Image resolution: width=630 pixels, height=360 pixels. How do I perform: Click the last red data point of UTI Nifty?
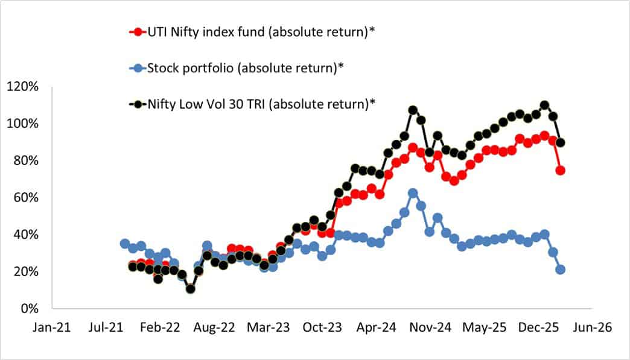561,170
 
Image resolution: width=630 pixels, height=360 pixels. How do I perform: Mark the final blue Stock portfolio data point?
561,270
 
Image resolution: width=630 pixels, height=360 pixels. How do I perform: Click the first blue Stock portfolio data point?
125,244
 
